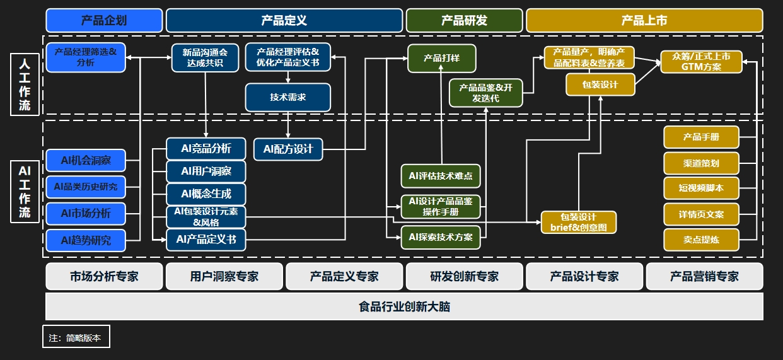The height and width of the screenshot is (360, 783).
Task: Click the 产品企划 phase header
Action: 104,20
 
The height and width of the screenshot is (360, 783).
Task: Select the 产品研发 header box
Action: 464,20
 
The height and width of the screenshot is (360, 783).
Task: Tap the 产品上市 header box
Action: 644,20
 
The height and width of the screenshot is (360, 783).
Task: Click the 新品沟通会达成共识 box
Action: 205,57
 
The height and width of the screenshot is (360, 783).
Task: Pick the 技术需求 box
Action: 287,97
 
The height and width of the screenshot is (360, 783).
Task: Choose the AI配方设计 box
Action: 288,149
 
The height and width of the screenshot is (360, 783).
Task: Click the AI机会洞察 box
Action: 86,160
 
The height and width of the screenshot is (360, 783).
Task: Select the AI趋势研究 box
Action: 86,240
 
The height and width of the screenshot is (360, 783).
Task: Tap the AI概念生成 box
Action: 206,194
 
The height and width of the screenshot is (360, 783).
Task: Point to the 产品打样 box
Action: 441,58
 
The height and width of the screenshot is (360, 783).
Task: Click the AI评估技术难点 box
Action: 441,176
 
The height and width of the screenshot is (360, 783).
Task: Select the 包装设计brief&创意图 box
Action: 579,223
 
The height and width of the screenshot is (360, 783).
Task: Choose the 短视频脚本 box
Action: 701,188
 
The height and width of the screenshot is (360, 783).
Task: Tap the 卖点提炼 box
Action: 701,240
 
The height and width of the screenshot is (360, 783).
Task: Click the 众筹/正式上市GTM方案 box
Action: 701,62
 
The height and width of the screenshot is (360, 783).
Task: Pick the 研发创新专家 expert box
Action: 464,277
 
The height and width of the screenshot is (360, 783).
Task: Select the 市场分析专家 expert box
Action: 104,277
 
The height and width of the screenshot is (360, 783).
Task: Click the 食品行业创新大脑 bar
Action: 405,306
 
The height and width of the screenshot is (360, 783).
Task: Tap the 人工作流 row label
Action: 25,84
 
